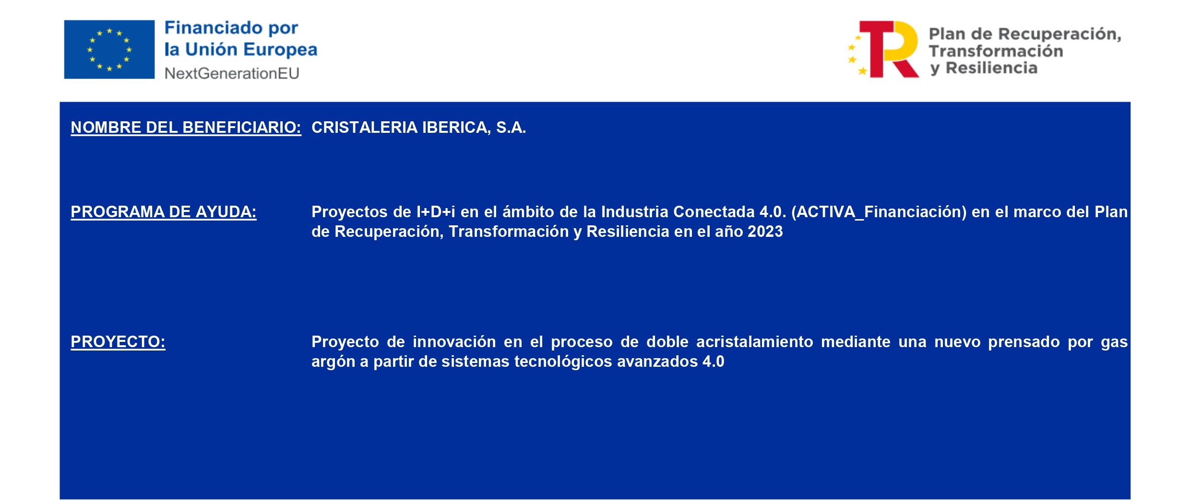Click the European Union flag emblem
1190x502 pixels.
pos(109,49)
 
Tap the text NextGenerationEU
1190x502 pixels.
pos(232,73)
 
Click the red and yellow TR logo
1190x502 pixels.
pos(883,49)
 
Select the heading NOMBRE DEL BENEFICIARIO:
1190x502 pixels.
pos(186,128)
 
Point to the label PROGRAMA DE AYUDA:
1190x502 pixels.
pos(164,212)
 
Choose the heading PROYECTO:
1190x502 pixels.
pos(118,342)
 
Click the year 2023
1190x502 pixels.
pos(765,232)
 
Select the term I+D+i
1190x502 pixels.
pos(436,212)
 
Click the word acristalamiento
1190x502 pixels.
pos(755,342)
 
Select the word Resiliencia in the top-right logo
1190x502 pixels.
pos(991,68)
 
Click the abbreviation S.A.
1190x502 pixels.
pos(511,128)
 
